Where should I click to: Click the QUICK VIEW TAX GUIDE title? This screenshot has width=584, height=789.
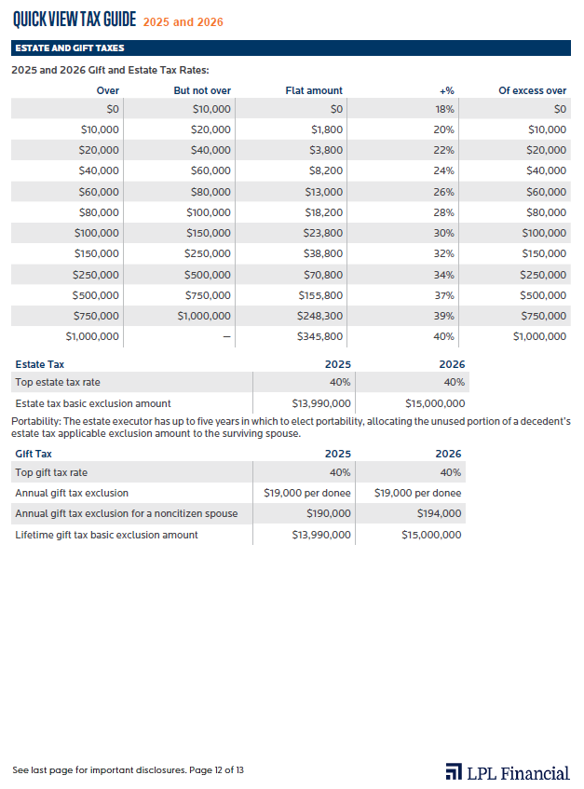[75, 20]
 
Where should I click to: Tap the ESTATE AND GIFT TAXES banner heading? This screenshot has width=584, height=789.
[70, 48]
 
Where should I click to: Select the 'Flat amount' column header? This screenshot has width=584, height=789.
[314, 90]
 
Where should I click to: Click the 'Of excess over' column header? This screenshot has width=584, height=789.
[533, 90]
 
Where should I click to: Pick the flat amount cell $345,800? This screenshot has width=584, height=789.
[319, 336]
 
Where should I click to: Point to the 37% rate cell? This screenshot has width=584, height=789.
[443, 295]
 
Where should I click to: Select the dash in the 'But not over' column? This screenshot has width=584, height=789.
[226, 336]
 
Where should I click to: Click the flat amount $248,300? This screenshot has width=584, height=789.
[319, 316]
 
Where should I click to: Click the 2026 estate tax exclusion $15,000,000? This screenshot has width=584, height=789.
[435, 403]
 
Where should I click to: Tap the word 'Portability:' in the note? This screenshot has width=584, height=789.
[36, 421]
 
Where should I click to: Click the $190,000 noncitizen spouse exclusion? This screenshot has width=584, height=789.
[329, 513]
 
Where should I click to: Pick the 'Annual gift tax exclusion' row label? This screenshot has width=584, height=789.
[72, 493]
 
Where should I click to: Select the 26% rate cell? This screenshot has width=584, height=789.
[443, 192]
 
